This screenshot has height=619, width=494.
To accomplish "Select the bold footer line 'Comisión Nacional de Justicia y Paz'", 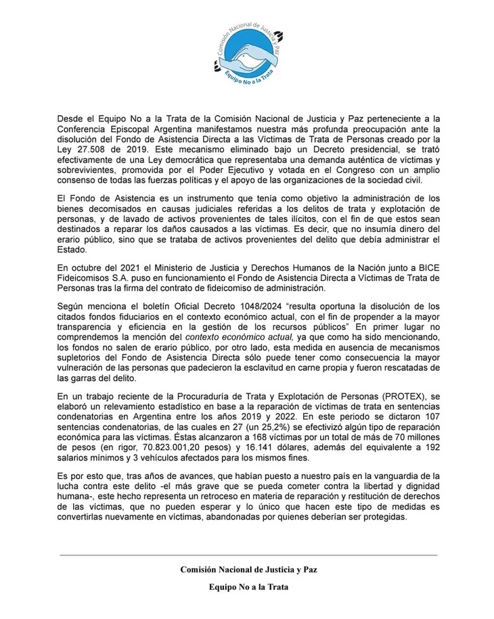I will [248, 570].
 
